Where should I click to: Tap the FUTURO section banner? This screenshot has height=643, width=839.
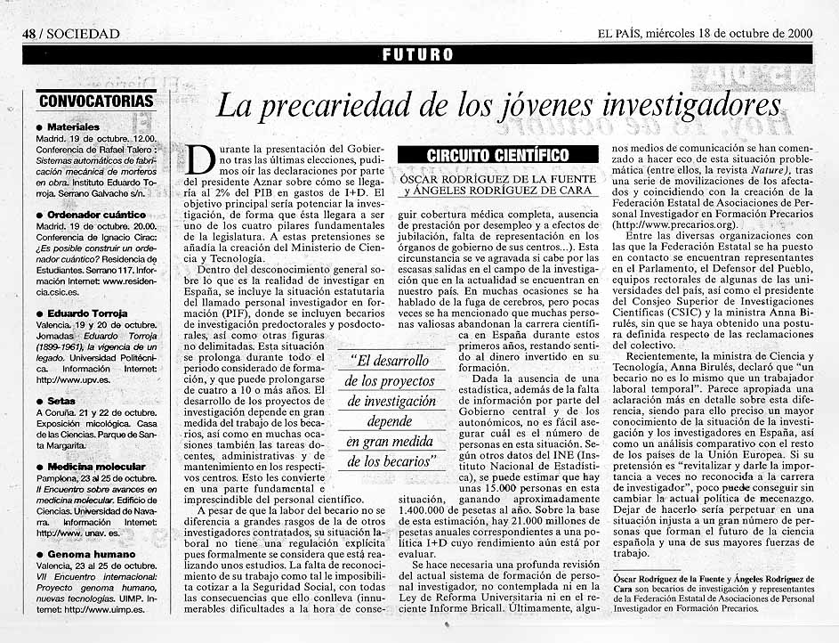[x=417, y=54]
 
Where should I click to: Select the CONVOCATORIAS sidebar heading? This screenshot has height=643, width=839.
[x=96, y=101]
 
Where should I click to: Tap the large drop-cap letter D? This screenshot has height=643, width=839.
[x=200, y=161]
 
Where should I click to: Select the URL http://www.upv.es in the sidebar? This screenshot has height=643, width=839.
[x=71, y=379]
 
